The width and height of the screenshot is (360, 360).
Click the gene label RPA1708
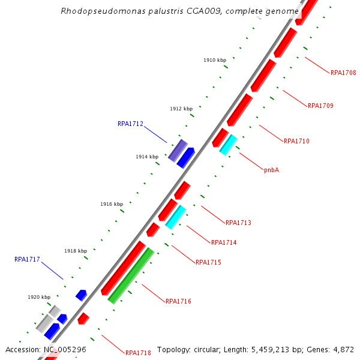coord(343,73)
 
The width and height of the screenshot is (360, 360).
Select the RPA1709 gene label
coord(320,106)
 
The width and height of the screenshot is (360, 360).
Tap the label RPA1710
coord(296,142)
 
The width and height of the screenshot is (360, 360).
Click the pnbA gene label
coord(271,170)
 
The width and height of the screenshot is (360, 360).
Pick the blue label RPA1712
coord(130,124)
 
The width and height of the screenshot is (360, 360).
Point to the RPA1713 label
coord(238,223)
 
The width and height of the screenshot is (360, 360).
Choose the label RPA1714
coord(224,243)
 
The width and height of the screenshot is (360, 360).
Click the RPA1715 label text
coord(208,263)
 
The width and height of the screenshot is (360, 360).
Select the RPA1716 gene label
coord(178,301)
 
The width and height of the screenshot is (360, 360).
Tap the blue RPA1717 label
coord(27,260)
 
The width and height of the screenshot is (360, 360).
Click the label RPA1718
coord(138,353)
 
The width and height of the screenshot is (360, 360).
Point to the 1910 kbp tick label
coord(215,61)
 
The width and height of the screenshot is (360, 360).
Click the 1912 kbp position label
coord(181,109)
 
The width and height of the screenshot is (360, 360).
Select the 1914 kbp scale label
coord(147,157)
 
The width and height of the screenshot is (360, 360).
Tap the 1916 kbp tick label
coord(112,205)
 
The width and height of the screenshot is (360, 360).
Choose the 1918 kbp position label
coord(76,251)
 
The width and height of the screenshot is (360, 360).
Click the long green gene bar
coord(131,275)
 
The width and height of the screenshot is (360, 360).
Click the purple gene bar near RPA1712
coord(178,151)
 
